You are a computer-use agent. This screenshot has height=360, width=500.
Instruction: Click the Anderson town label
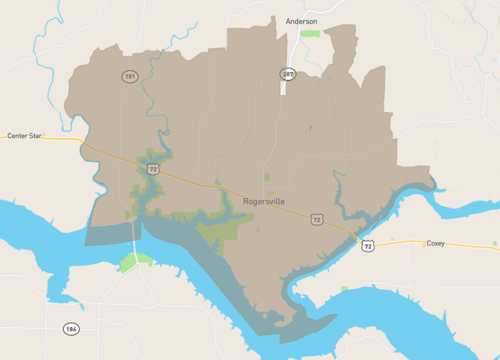(301, 20)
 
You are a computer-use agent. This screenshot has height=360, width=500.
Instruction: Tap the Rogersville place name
(264, 201)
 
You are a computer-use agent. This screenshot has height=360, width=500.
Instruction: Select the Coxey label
(435, 243)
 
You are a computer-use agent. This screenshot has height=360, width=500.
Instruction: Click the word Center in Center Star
(17, 135)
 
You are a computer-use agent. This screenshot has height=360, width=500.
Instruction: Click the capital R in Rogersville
(246, 201)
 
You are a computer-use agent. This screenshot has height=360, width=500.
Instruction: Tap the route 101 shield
(129, 76)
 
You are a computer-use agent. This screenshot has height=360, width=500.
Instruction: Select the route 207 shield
(288, 74)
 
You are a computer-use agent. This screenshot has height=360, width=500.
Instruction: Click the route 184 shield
(70, 328)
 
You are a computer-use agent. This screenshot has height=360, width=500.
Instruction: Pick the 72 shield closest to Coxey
(368, 246)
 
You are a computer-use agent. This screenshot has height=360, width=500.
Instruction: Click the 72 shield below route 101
(152, 170)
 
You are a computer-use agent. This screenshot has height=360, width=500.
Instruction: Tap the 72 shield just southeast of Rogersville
(317, 219)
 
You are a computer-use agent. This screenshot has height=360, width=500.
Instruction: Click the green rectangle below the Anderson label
(310, 34)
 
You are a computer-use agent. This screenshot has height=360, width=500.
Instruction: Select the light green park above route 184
(130, 262)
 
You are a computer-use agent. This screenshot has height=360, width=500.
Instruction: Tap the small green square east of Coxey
(494, 243)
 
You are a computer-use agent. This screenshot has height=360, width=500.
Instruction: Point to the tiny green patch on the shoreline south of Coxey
(344, 289)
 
